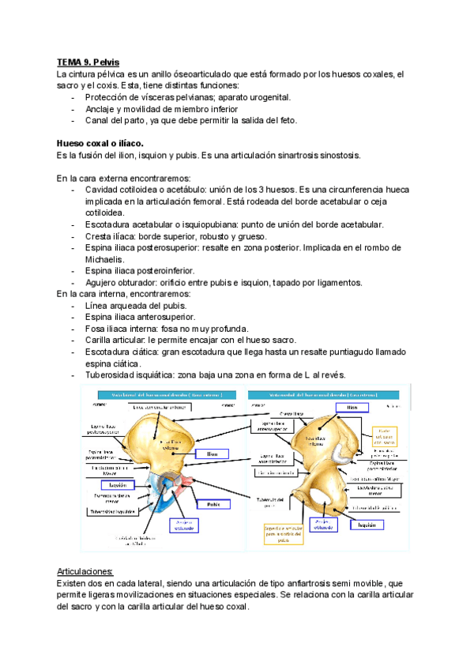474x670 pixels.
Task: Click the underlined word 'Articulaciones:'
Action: pyautogui.click(x=86, y=570)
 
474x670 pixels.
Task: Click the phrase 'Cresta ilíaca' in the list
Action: pyautogui.click(x=111, y=236)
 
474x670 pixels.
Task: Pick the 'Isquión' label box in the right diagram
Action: pyautogui.click(x=364, y=524)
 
